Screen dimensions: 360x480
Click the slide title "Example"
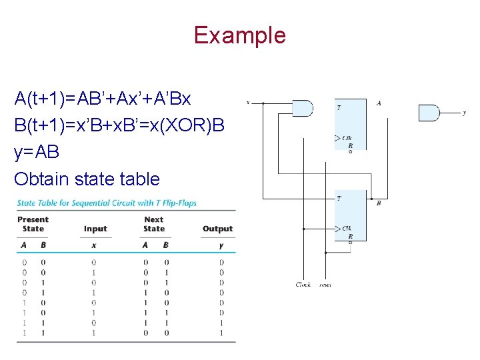click(x=239, y=35)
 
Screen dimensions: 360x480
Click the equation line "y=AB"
click(x=37, y=152)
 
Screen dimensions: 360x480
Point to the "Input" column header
click(x=95, y=229)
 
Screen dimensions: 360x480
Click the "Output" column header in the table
click(x=217, y=229)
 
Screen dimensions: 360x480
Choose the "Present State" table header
click(x=33, y=224)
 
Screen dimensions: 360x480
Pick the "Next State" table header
click(x=154, y=224)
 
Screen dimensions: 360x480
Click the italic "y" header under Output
click(x=221, y=245)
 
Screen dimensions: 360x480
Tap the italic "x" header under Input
click(x=94, y=245)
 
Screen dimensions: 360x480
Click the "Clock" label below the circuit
click(x=303, y=285)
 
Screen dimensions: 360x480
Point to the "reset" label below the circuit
click(x=325, y=285)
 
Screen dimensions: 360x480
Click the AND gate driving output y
click(x=429, y=113)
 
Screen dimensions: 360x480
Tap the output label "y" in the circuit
click(x=464, y=113)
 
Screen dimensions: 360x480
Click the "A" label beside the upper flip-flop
click(x=379, y=103)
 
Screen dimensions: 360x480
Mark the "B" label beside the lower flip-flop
click(x=379, y=203)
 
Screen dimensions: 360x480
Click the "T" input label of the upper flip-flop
click(x=339, y=107)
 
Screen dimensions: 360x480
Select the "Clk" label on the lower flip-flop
click(x=347, y=228)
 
